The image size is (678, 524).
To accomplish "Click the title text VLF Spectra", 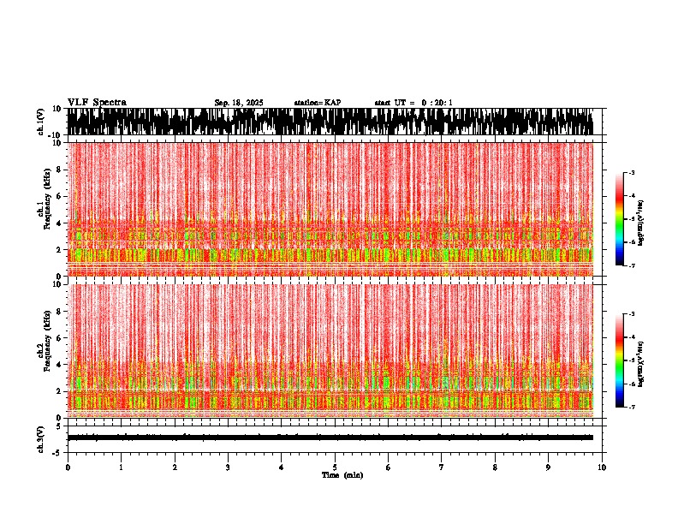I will pyautogui.click(x=97, y=103).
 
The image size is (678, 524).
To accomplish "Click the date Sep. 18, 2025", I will pyautogui.click(x=239, y=103).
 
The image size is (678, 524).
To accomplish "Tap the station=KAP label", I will pyautogui.click(x=318, y=103).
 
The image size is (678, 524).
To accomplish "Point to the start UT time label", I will pyautogui.click(x=413, y=103).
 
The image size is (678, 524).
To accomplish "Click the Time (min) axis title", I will pyautogui.click(x=342, y=475).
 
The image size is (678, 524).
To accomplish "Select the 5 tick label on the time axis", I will pyautogui.click(x=335, y=467).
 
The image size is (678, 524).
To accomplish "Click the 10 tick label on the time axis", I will pyautogui.click(x=602, y=467).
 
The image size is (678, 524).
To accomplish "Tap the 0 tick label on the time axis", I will pyautogui.click(x=68, y=467).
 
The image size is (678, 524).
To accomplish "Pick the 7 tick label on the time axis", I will pyautogui.click(x=442, y=467).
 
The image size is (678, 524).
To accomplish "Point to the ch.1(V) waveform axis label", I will pyautogui.click(x=41, y=122).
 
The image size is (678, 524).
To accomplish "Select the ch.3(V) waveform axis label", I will pyautogui.click(x=41, y=438).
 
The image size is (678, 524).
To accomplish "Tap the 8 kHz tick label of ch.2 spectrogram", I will pyautogui.click(x=60, y=311).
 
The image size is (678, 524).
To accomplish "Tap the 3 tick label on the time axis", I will pyautogui.click(x=228, y=467).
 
